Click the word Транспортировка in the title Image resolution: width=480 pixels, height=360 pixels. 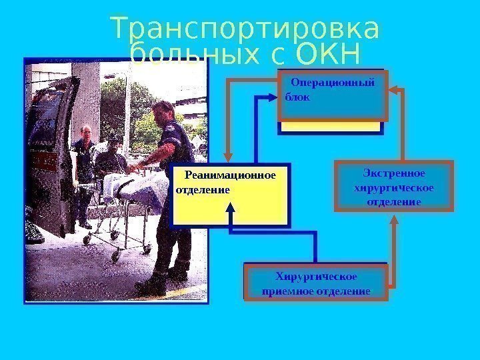click(245, 30)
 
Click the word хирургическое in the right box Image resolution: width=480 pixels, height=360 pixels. click(393, 187)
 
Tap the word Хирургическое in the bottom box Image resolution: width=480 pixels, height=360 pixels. click(316, 277)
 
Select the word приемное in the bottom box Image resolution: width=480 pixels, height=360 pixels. click(291, 291)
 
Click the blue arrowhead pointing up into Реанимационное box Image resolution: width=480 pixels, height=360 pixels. click(231, 208)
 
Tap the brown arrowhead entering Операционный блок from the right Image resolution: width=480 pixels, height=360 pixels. click(393, 89)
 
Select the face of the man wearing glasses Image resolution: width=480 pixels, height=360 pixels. click(85, 133)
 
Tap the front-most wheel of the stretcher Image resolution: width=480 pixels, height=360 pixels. click(115, 255)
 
